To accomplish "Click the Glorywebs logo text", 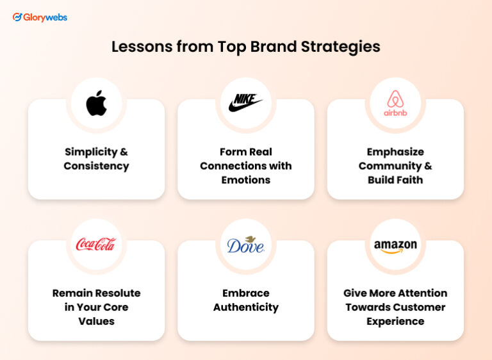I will (45, 17).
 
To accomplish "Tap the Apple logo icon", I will (97, 103).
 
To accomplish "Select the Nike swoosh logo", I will (246, 102).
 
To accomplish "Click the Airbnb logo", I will (395, 103).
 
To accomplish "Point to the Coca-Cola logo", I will (96, 244).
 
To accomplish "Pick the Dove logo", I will (245, 244).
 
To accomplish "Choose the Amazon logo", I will (395, 245).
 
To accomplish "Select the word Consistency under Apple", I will (96, 166).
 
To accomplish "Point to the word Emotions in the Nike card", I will (246, 180).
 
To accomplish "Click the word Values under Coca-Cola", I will (97, 321).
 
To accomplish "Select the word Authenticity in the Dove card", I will (246, 307).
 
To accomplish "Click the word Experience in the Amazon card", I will (395, 321).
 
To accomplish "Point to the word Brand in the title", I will (273, 47).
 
